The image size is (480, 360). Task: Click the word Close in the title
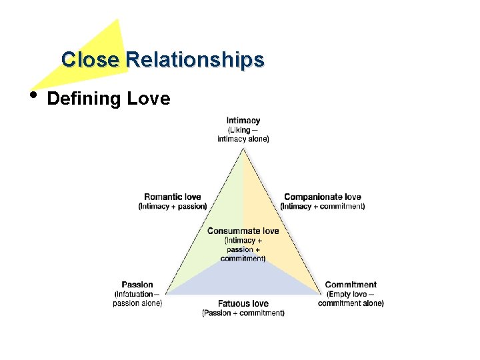(89, 60)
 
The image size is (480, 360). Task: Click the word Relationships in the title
(195, 60)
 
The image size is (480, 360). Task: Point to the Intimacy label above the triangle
(243, 121)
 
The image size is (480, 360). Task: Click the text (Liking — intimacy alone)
(243, 134)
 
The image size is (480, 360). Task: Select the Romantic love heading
(172, 197)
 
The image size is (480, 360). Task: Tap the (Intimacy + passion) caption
(173, 207)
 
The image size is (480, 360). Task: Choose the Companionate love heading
(323, 197)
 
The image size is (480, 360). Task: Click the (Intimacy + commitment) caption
(323, 207)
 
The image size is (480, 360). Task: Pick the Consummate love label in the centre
(243, 231)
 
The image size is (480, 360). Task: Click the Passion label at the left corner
(137, 285)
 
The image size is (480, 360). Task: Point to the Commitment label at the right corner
(351, 285)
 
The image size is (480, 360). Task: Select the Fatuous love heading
(243, 303)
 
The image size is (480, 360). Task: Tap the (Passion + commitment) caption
(243, 313)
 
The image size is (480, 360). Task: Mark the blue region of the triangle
(243, 280)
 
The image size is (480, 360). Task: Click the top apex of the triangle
(243, 149)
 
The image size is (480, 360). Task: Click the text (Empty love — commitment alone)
(351, 299)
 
